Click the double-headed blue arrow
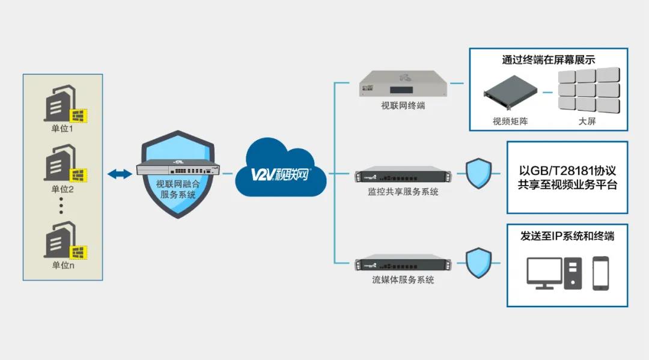120,174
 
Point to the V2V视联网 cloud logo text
281,174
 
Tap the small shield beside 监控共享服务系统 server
479,174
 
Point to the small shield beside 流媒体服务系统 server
479,263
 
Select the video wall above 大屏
587,90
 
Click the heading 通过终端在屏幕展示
549,59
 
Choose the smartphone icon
600,273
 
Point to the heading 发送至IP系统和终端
567,236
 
